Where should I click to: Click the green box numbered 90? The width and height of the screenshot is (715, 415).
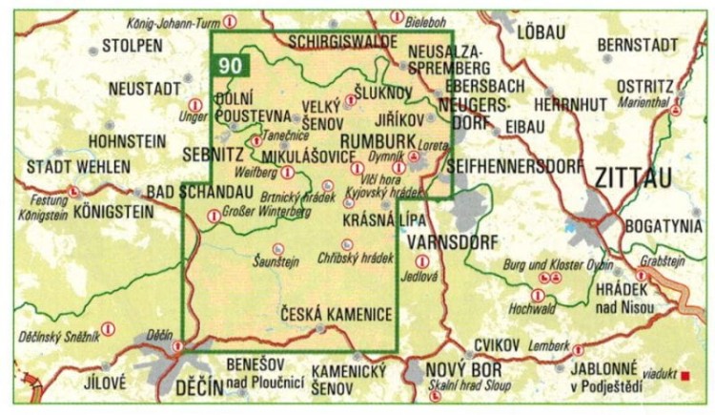point(229,66)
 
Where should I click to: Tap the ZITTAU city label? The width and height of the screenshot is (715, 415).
point(632,177)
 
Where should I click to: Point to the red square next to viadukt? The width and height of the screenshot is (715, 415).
point(684,376)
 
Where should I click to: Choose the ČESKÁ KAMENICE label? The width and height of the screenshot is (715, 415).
point(337,313)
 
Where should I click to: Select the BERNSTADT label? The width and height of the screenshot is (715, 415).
point(639,46)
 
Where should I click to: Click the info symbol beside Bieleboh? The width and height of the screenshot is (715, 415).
point(397,17)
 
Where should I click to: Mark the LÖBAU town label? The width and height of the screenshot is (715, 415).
point(540,31)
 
